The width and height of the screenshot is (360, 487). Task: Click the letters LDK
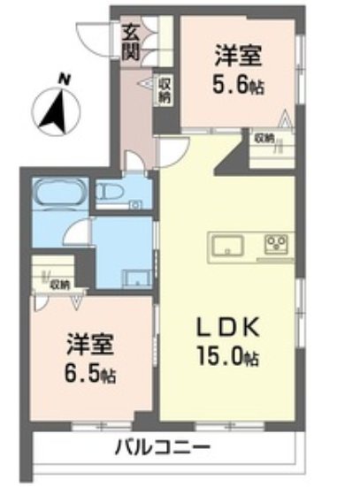click(x=227, y=327)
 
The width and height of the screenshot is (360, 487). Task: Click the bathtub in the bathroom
click(x=58, y=194)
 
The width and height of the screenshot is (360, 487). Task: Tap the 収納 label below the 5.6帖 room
click(x=264, y=138)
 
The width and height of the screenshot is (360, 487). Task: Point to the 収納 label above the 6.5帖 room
click(x=59, y=285)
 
